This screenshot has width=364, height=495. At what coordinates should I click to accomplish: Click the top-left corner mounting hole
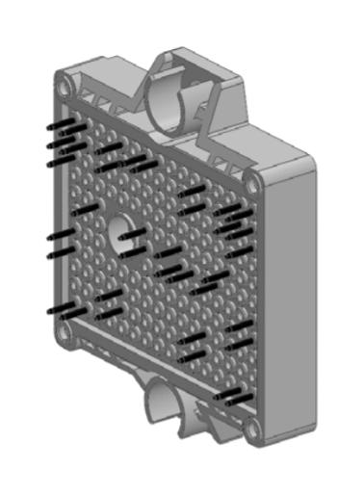pos(64,89)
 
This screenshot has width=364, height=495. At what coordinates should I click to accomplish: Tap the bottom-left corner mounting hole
pos(64,332)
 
